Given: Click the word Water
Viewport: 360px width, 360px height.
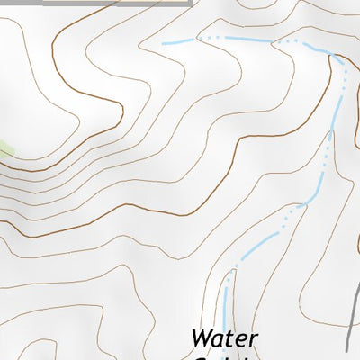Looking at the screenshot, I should coord(224,340).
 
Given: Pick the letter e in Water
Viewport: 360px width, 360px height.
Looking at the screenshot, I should coord(242,342).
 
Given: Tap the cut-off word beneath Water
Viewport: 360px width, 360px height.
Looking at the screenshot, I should coord(224,356).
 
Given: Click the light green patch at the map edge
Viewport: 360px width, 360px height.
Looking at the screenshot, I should coord(4,149).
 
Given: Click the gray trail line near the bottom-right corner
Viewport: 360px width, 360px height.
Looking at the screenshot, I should coord(353,315).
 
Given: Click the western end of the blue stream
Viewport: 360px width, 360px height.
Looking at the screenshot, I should coord(164,43).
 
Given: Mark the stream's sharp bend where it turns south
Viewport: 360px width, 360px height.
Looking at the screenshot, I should coord(334,56).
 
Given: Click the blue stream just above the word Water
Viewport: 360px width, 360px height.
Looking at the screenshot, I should coord(225,297).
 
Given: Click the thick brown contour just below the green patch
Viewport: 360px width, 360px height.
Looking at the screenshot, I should coord(36,167).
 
